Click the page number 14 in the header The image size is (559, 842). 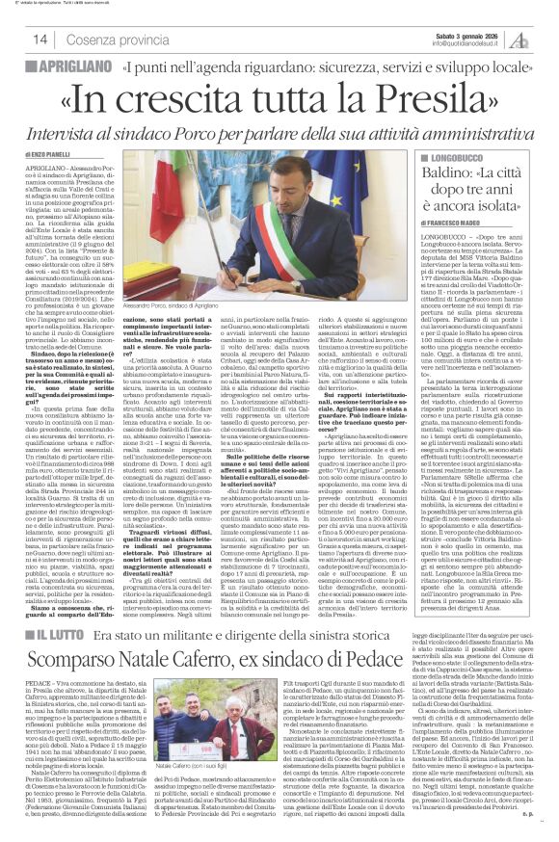click(x=43, y=39)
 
